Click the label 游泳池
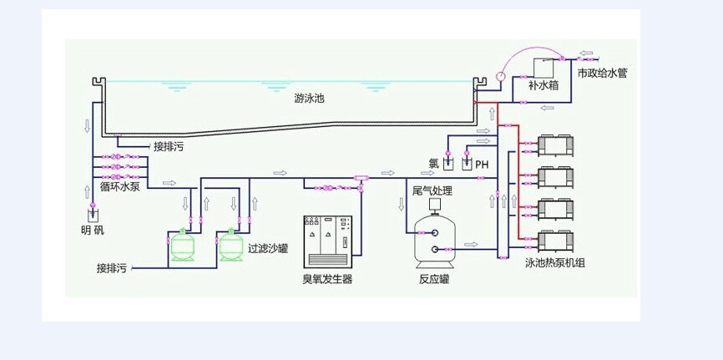(309, 99)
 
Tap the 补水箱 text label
(544, 85)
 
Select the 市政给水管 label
(602, 74)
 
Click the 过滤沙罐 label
(268, 248)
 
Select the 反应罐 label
(433, 279)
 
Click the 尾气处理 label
(433, 191)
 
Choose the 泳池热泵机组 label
(555, 263)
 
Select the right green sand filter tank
(230, 246)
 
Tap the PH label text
(481, 165)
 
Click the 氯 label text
(433, 164)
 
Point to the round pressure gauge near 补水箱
(500, 75)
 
